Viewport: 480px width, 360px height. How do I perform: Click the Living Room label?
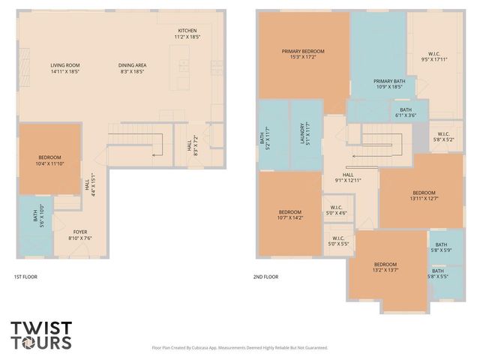65,69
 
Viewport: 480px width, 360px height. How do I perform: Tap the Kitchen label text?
187,33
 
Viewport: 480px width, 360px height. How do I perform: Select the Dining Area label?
133,69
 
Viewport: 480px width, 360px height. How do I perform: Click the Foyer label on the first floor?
79,235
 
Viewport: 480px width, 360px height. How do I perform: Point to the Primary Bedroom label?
303,55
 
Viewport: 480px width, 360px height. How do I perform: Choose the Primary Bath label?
389,84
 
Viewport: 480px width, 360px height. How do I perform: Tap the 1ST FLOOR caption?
25,277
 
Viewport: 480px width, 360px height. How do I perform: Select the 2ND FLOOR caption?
265,277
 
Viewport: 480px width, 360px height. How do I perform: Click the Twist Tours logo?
41,334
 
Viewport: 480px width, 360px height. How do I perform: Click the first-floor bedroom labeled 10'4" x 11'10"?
49,160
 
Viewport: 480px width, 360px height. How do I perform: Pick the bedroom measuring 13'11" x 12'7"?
423,195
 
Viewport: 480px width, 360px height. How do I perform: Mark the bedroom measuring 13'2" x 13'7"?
385,268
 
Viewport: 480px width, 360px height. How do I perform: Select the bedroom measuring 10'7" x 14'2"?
289,215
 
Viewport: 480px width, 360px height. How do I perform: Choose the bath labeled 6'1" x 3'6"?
405,112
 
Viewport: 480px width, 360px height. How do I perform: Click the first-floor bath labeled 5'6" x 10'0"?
35,218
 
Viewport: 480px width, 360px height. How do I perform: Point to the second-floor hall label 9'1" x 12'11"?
347,178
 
